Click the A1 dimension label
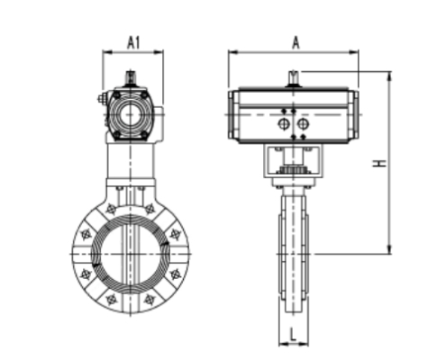coord(133,41)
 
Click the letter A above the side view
coord(295,41)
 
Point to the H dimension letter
coord(381,163)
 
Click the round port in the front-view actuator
coord(132,115)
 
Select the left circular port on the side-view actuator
coord(285,123)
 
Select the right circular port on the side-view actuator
coord(303,123)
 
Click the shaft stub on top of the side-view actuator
coord(294,79)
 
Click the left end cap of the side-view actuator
coord(233,115)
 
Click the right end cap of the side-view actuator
coord(354,115)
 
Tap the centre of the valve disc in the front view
coord(131,255)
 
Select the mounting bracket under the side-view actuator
coord(294,162)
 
